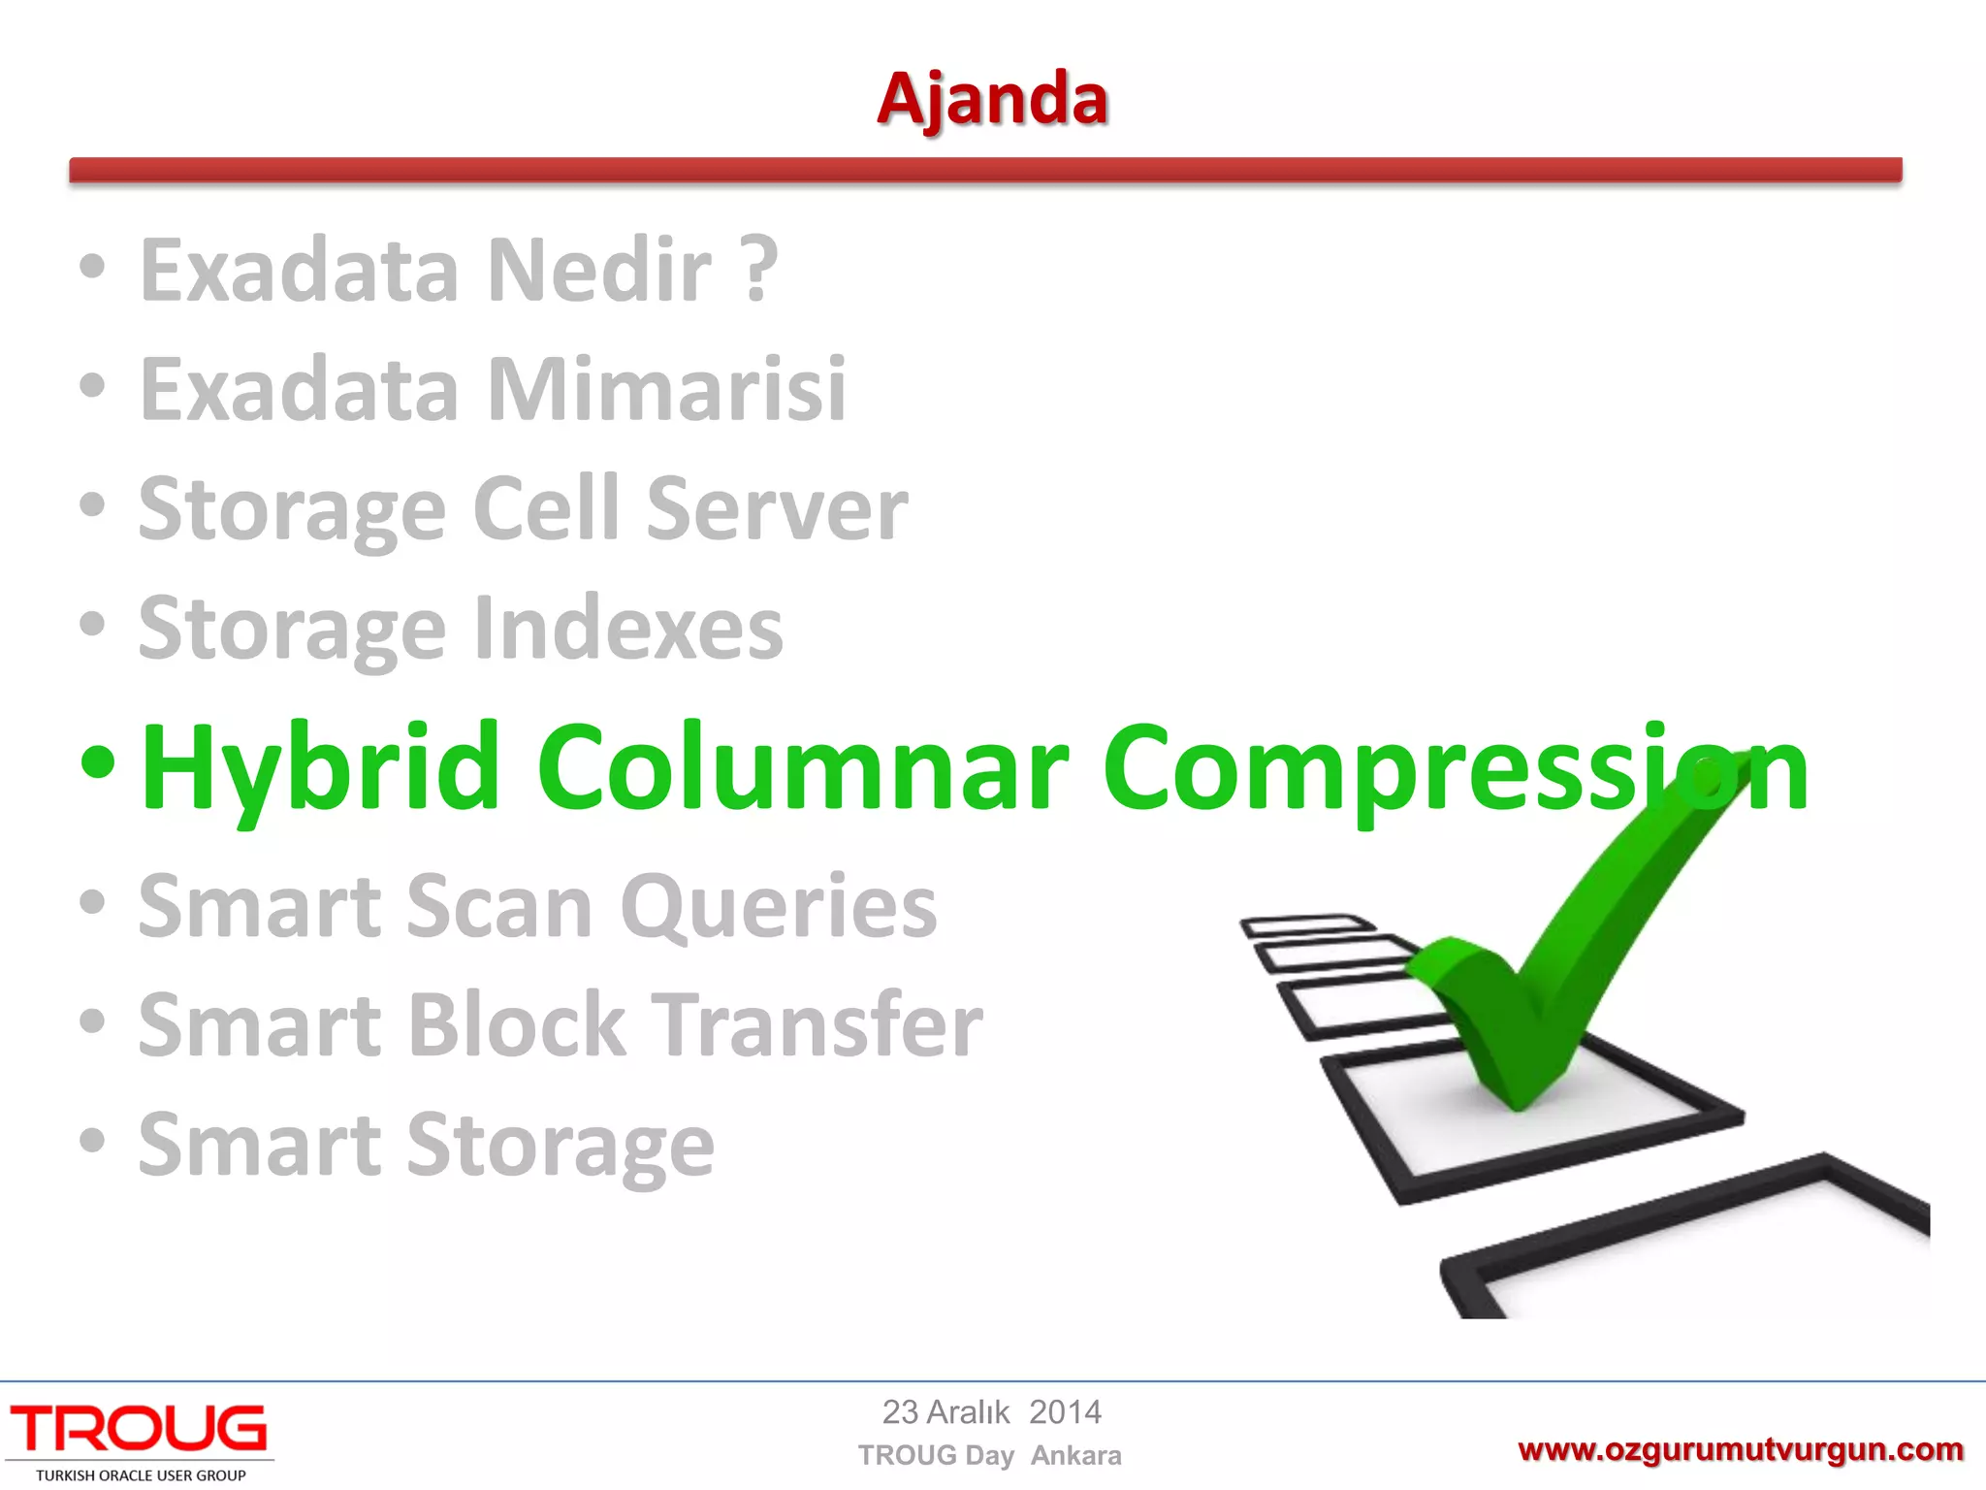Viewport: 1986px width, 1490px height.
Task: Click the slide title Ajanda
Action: point(992,100)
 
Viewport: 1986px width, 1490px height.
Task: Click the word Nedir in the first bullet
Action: point(599,272)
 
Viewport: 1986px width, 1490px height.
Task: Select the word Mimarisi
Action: point(667,391)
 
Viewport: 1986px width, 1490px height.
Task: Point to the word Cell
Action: point(546,509)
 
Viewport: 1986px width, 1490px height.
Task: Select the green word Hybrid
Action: point(320,768)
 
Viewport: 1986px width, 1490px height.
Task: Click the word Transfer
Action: point(817,1026)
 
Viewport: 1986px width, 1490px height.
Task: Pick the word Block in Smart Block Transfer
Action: point(517,1026)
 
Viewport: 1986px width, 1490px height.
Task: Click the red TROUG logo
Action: point(139,1429)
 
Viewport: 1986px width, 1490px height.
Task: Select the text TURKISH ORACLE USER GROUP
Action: point(141,1475)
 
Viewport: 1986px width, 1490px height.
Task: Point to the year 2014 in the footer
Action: point(1065,1412)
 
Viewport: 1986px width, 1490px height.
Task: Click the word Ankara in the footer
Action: point(1075,1456)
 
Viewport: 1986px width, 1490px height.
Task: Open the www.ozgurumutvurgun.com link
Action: point(1740,1450)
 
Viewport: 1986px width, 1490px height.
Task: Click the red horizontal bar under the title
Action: point(985,170)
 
